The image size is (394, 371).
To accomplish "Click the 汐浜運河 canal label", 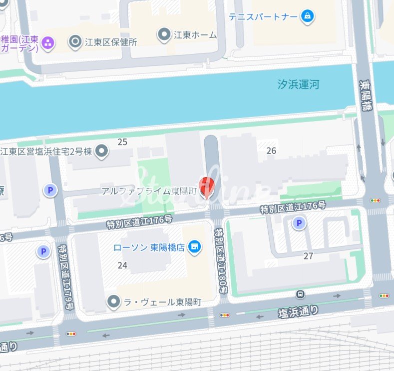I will click(x=298, y=84).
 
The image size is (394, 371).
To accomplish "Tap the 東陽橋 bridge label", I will click(x=367, y=96).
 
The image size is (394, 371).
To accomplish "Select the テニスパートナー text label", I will click(x=263, y=16).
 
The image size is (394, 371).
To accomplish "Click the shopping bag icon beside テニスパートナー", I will click(x=307, y=17).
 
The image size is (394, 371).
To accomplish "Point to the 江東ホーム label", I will click(x=195, y=35).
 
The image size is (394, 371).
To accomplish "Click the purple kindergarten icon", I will click(x=48, y=43).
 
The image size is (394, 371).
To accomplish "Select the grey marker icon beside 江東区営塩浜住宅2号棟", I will click(x=102, y=151).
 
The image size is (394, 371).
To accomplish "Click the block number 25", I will click(x=122, y=142).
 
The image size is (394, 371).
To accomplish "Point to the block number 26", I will click(x=271, y=150).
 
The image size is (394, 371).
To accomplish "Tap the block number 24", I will click(x=122, y=265).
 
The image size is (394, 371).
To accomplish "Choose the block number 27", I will click(x=308, y=256).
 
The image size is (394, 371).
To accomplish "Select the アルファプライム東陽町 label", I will click(x=149, y=191).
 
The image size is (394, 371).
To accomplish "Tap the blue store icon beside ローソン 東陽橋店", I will click(x=195, y=247).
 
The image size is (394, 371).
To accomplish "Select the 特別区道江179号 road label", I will click(x=64, y=277).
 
